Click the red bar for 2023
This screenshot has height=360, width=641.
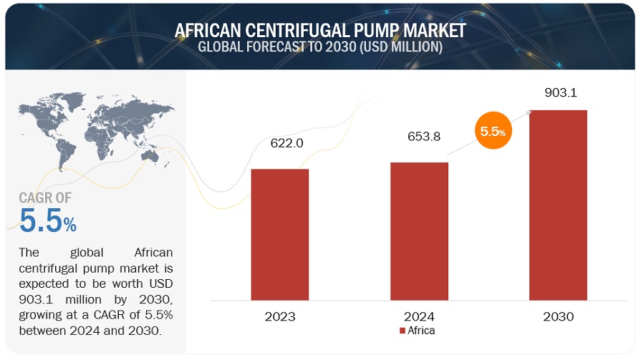[x=279, y=234]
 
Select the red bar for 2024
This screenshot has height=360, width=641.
[x=419, y=231]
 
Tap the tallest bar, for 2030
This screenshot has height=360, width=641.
[x=558, y=205]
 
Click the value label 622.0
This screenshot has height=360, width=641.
[x=286, y=143]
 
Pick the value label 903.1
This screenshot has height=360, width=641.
[x=559, y=93]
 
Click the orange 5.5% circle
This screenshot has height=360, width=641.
[x=493, y=132]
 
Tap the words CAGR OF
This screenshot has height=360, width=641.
[x=45, y=198]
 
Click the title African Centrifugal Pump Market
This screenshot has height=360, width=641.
[x=320, y=30]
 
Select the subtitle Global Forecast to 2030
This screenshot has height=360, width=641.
[x=320, y=47]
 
